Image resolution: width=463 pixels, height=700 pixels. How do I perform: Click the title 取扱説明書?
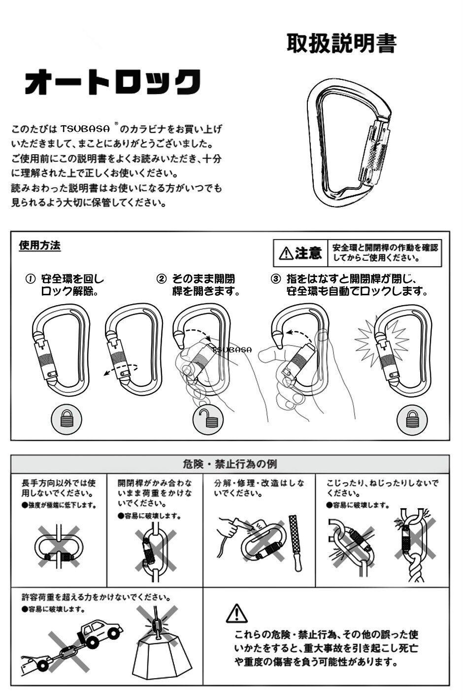tap(341, 44)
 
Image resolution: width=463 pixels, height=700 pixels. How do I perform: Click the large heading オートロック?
tap(113, 82)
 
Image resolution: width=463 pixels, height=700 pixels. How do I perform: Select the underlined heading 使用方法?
tap(39, 245)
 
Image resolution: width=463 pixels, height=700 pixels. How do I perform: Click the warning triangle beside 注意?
tap(286, 253)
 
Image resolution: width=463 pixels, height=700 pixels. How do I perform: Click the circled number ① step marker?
tap(30, 279)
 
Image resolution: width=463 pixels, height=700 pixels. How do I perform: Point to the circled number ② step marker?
tap(162, 279)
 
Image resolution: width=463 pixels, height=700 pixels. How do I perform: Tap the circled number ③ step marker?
tap(276, 279)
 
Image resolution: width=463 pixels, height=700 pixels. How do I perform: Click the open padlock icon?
tap(208, 419)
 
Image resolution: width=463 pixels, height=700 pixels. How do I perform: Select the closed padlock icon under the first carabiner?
tap(66, 419)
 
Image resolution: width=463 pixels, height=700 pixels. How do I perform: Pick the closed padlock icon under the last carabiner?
tap(412, 419)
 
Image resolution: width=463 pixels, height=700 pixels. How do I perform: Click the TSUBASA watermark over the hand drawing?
tap(231, 350)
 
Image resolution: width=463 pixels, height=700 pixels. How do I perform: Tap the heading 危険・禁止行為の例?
tap(230, 464)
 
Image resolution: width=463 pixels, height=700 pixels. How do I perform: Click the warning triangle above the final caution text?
tap(236, 613)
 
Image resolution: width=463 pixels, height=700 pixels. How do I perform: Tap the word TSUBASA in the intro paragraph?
tap(85, 129)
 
